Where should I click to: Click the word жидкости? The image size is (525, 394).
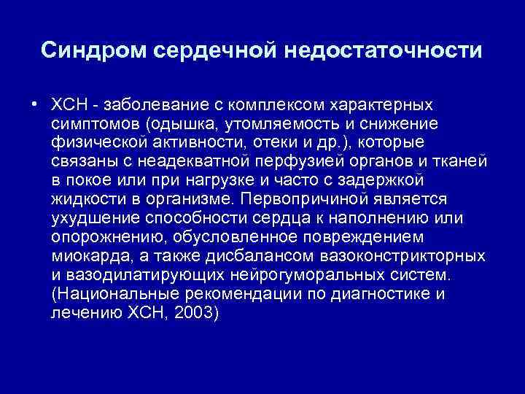(x=85, y=199)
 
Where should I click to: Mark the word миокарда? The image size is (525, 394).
(x=85, y=258)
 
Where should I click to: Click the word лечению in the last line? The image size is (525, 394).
(x=80, y=317)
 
